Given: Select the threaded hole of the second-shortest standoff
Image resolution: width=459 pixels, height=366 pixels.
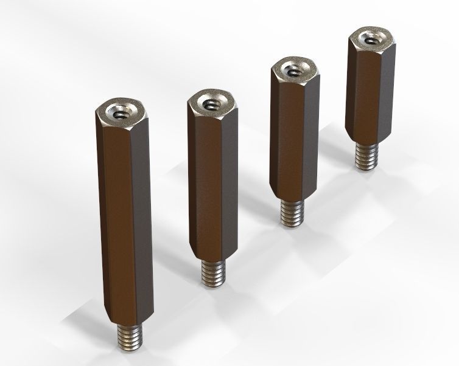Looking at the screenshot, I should (295, 71).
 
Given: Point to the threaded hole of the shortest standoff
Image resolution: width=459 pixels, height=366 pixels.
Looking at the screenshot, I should (371, 40).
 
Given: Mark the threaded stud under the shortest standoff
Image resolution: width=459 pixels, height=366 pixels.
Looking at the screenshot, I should (366, 157).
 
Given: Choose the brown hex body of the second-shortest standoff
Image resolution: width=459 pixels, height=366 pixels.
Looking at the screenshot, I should (294, 140).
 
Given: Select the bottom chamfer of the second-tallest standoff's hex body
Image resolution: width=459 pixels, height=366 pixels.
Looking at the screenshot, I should (213, 257).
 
